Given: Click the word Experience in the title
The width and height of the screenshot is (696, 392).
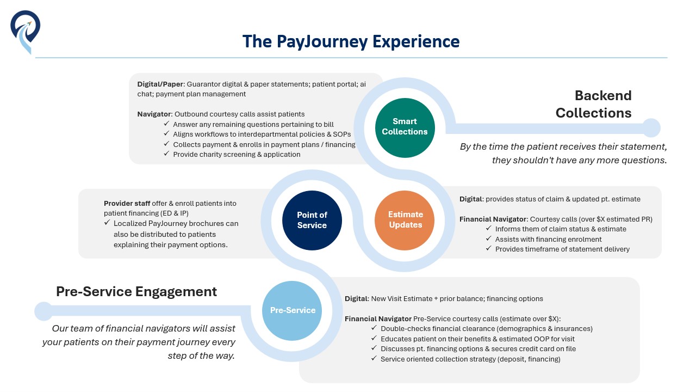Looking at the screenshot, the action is pyautogui.click(x=416, y=42).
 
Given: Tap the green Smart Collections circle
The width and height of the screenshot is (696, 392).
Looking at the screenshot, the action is pyautogui.click(x=405, y=128).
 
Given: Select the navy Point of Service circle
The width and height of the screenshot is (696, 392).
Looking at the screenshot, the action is pyautogui.click(x=312, y=220).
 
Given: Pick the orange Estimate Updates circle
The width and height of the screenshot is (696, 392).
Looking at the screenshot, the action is pyautogui.click(x=405, y=220).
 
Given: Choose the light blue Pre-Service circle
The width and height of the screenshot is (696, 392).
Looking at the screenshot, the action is pyautogui.click(x=292, y=310).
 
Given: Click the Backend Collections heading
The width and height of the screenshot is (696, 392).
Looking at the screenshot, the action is pyautogui.click(x=593, y=104).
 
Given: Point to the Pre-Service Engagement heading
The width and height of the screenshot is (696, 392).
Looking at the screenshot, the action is pyautogui.click(x=136, y=291).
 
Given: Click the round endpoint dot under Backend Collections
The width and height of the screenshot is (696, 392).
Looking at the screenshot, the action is pyautogui.click(x=651, y=128).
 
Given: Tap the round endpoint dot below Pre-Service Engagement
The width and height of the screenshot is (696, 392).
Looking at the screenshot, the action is pyautogui.click(x=43, y=311).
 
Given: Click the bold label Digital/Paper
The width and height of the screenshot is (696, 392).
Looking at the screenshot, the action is pyautogui.click(x=160, y=84).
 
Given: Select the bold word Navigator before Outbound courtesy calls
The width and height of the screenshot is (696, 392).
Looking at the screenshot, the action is pyautogui.click(x=154, y=114).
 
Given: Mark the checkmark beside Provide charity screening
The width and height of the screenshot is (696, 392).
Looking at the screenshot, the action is pyautogui.click(x=166, y=154).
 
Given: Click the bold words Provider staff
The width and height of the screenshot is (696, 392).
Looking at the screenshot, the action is pyautogui.click(x=127, y=204).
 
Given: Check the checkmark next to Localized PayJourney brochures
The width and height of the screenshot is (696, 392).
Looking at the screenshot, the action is pyautogui.click(x=107, y=223).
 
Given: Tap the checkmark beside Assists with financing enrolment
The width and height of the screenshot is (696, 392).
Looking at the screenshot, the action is pyautogui.click(x=489, y=238).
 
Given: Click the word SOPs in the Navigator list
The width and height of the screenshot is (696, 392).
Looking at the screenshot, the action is pyautogui.click(x=342, y=134).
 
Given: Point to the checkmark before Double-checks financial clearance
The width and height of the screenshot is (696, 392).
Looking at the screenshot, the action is pyautogui.click(x=374, y=328).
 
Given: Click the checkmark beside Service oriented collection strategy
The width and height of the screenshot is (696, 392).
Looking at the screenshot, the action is pyautogui.click(x=374, y=358).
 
